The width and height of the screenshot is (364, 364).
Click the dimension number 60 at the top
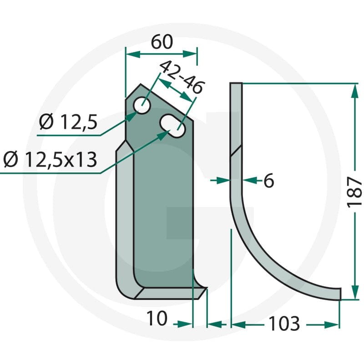162,42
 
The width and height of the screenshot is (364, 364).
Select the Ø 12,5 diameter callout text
68,122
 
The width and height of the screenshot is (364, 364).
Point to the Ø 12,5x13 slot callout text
50,160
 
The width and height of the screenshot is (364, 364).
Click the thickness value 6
269,180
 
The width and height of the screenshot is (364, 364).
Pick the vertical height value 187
354,192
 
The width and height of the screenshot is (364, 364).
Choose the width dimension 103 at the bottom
284,324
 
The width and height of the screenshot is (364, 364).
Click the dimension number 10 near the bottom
157,318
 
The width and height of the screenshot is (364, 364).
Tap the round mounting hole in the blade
142,106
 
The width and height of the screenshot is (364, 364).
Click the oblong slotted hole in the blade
172,126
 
